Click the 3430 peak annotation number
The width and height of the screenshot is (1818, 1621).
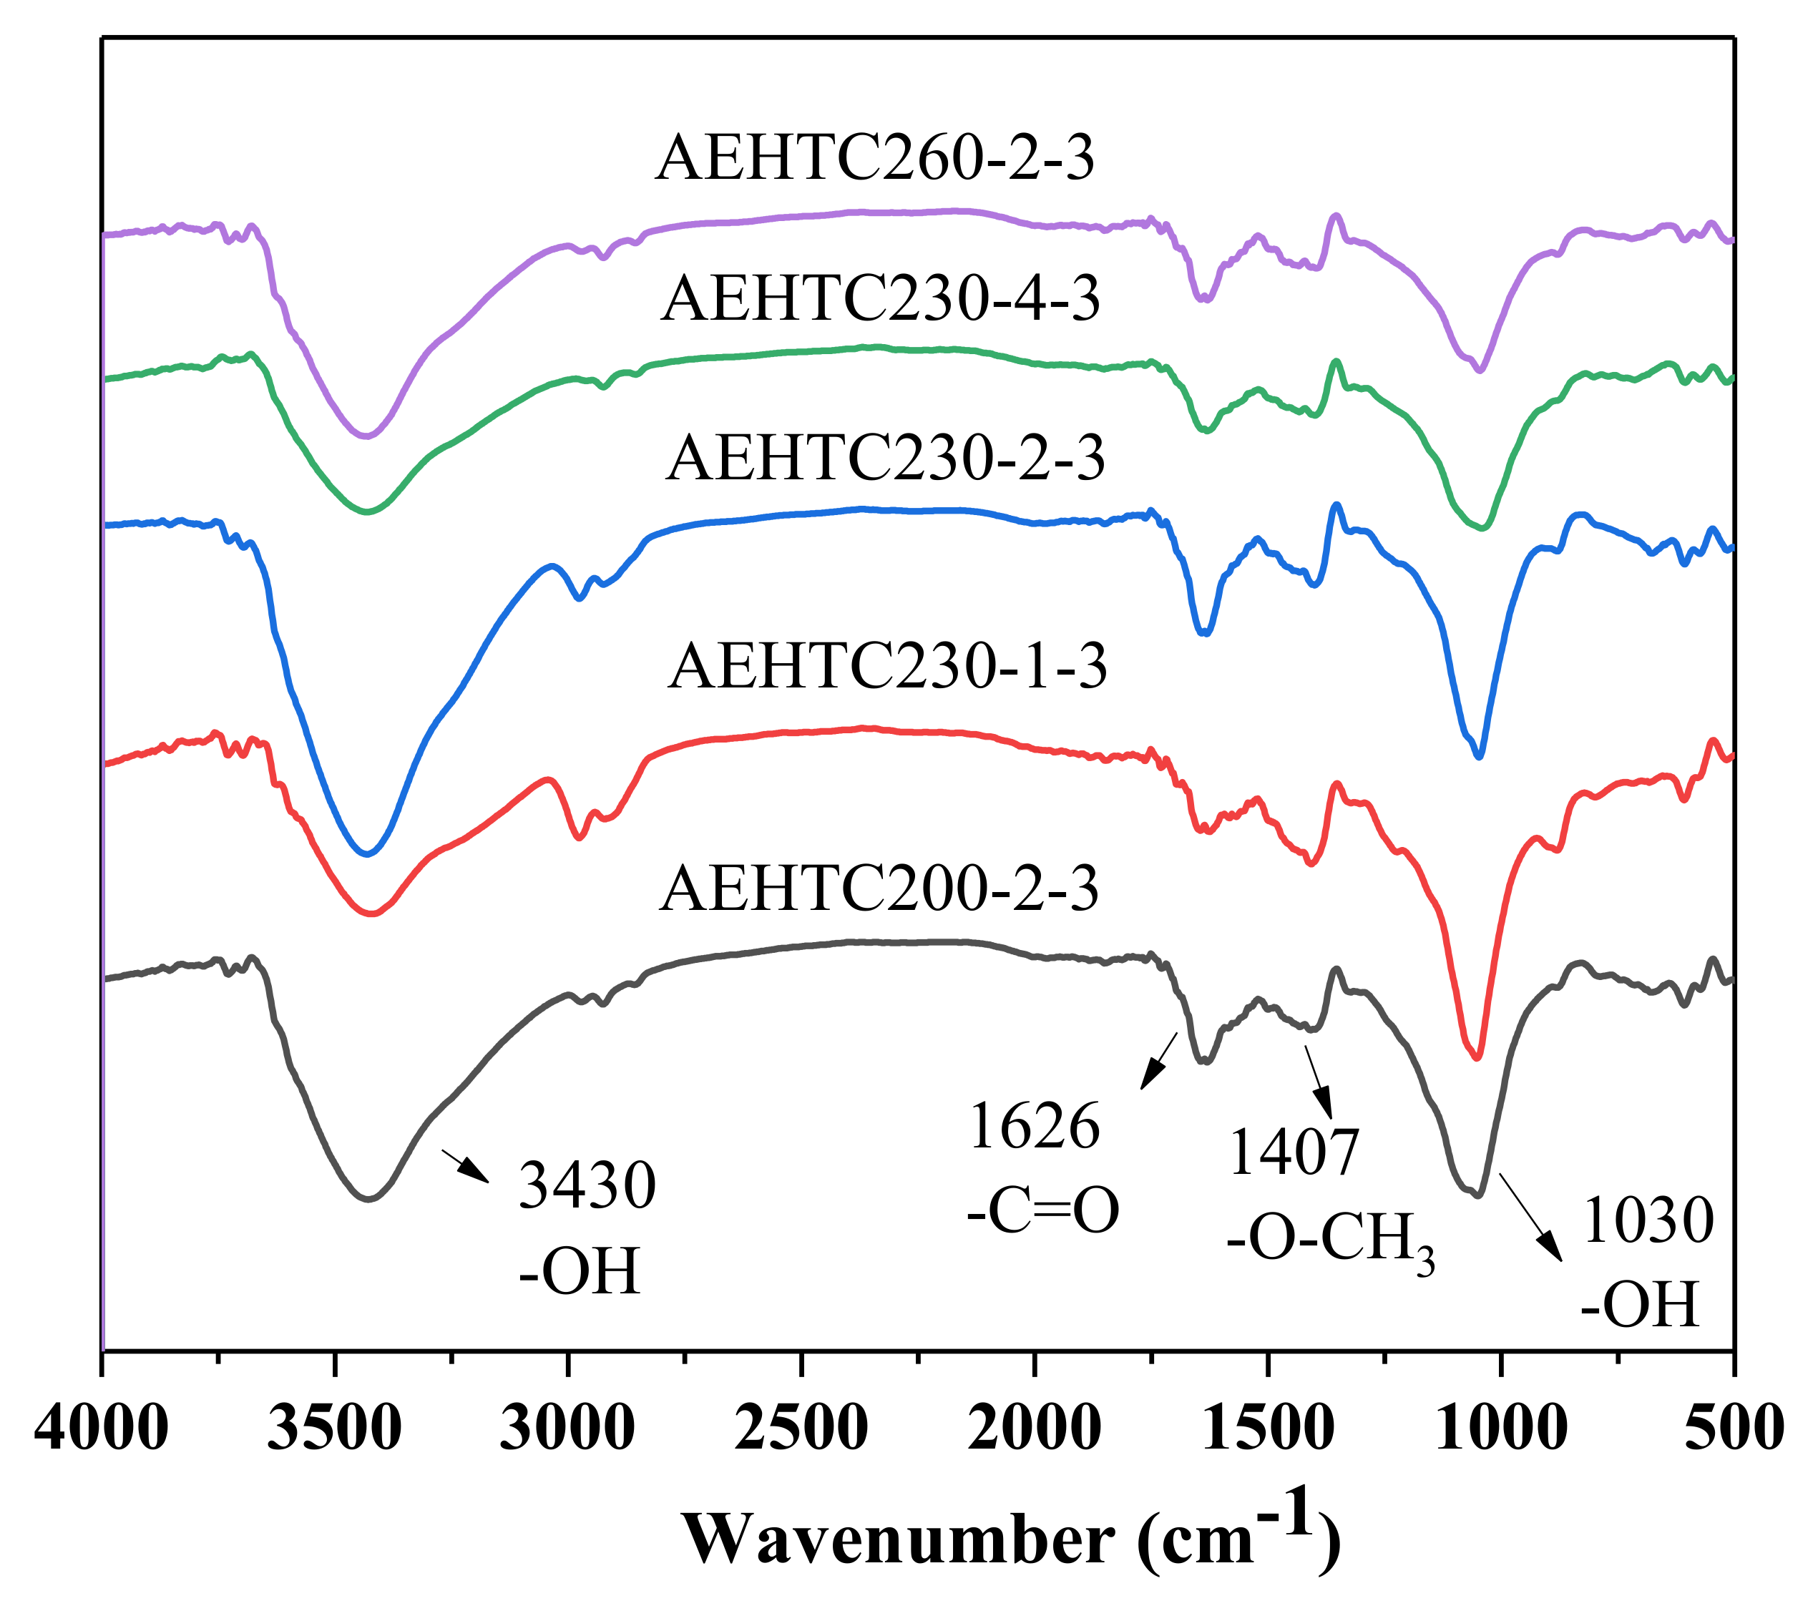pos(587,1185)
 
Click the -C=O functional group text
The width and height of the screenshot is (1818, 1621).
pos(1042,1211)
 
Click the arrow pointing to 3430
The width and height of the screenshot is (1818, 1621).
pos(466,1166)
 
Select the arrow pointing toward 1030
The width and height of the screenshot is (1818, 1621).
pos(1530,1217)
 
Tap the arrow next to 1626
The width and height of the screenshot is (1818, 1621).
pos(1159,1061)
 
